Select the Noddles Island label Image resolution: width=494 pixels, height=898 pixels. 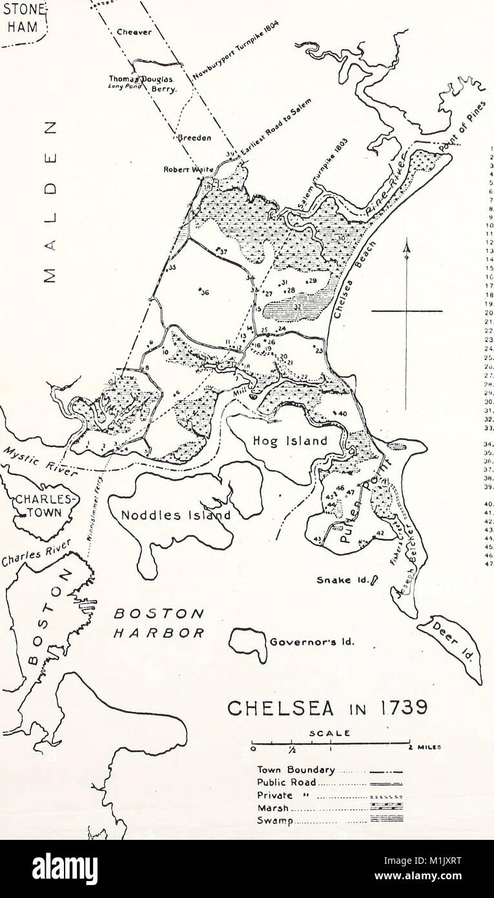[x=176, y=516]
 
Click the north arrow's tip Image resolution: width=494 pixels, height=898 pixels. [x=406, y=242]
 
